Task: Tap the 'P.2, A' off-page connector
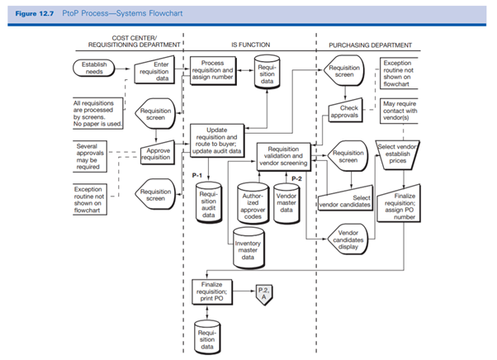(263, 292)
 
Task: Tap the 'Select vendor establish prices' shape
(400, 153)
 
